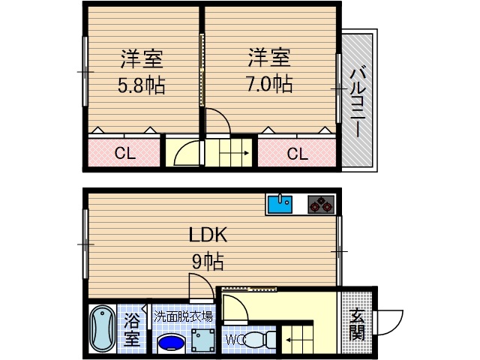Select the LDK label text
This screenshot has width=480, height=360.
(x=207, y=235)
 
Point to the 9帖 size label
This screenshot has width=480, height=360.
(x=208, y=262)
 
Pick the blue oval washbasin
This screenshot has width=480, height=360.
(x=172, y=342)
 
